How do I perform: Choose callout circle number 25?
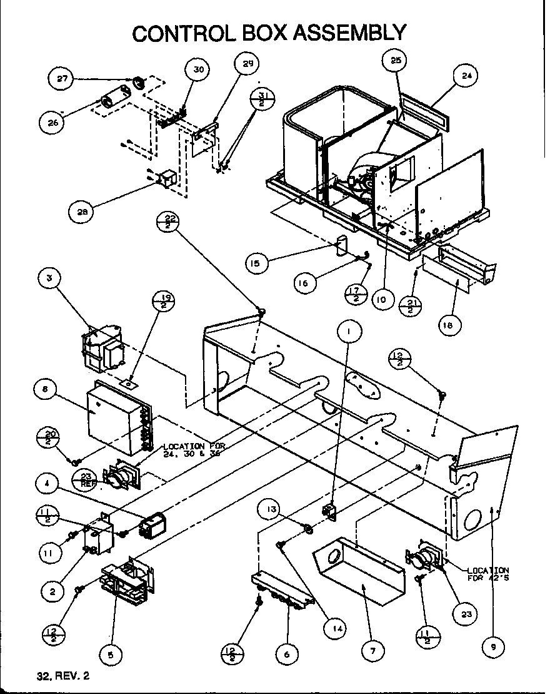(396, 61)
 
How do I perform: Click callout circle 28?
(82, 212)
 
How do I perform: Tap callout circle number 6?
(287, 655)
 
